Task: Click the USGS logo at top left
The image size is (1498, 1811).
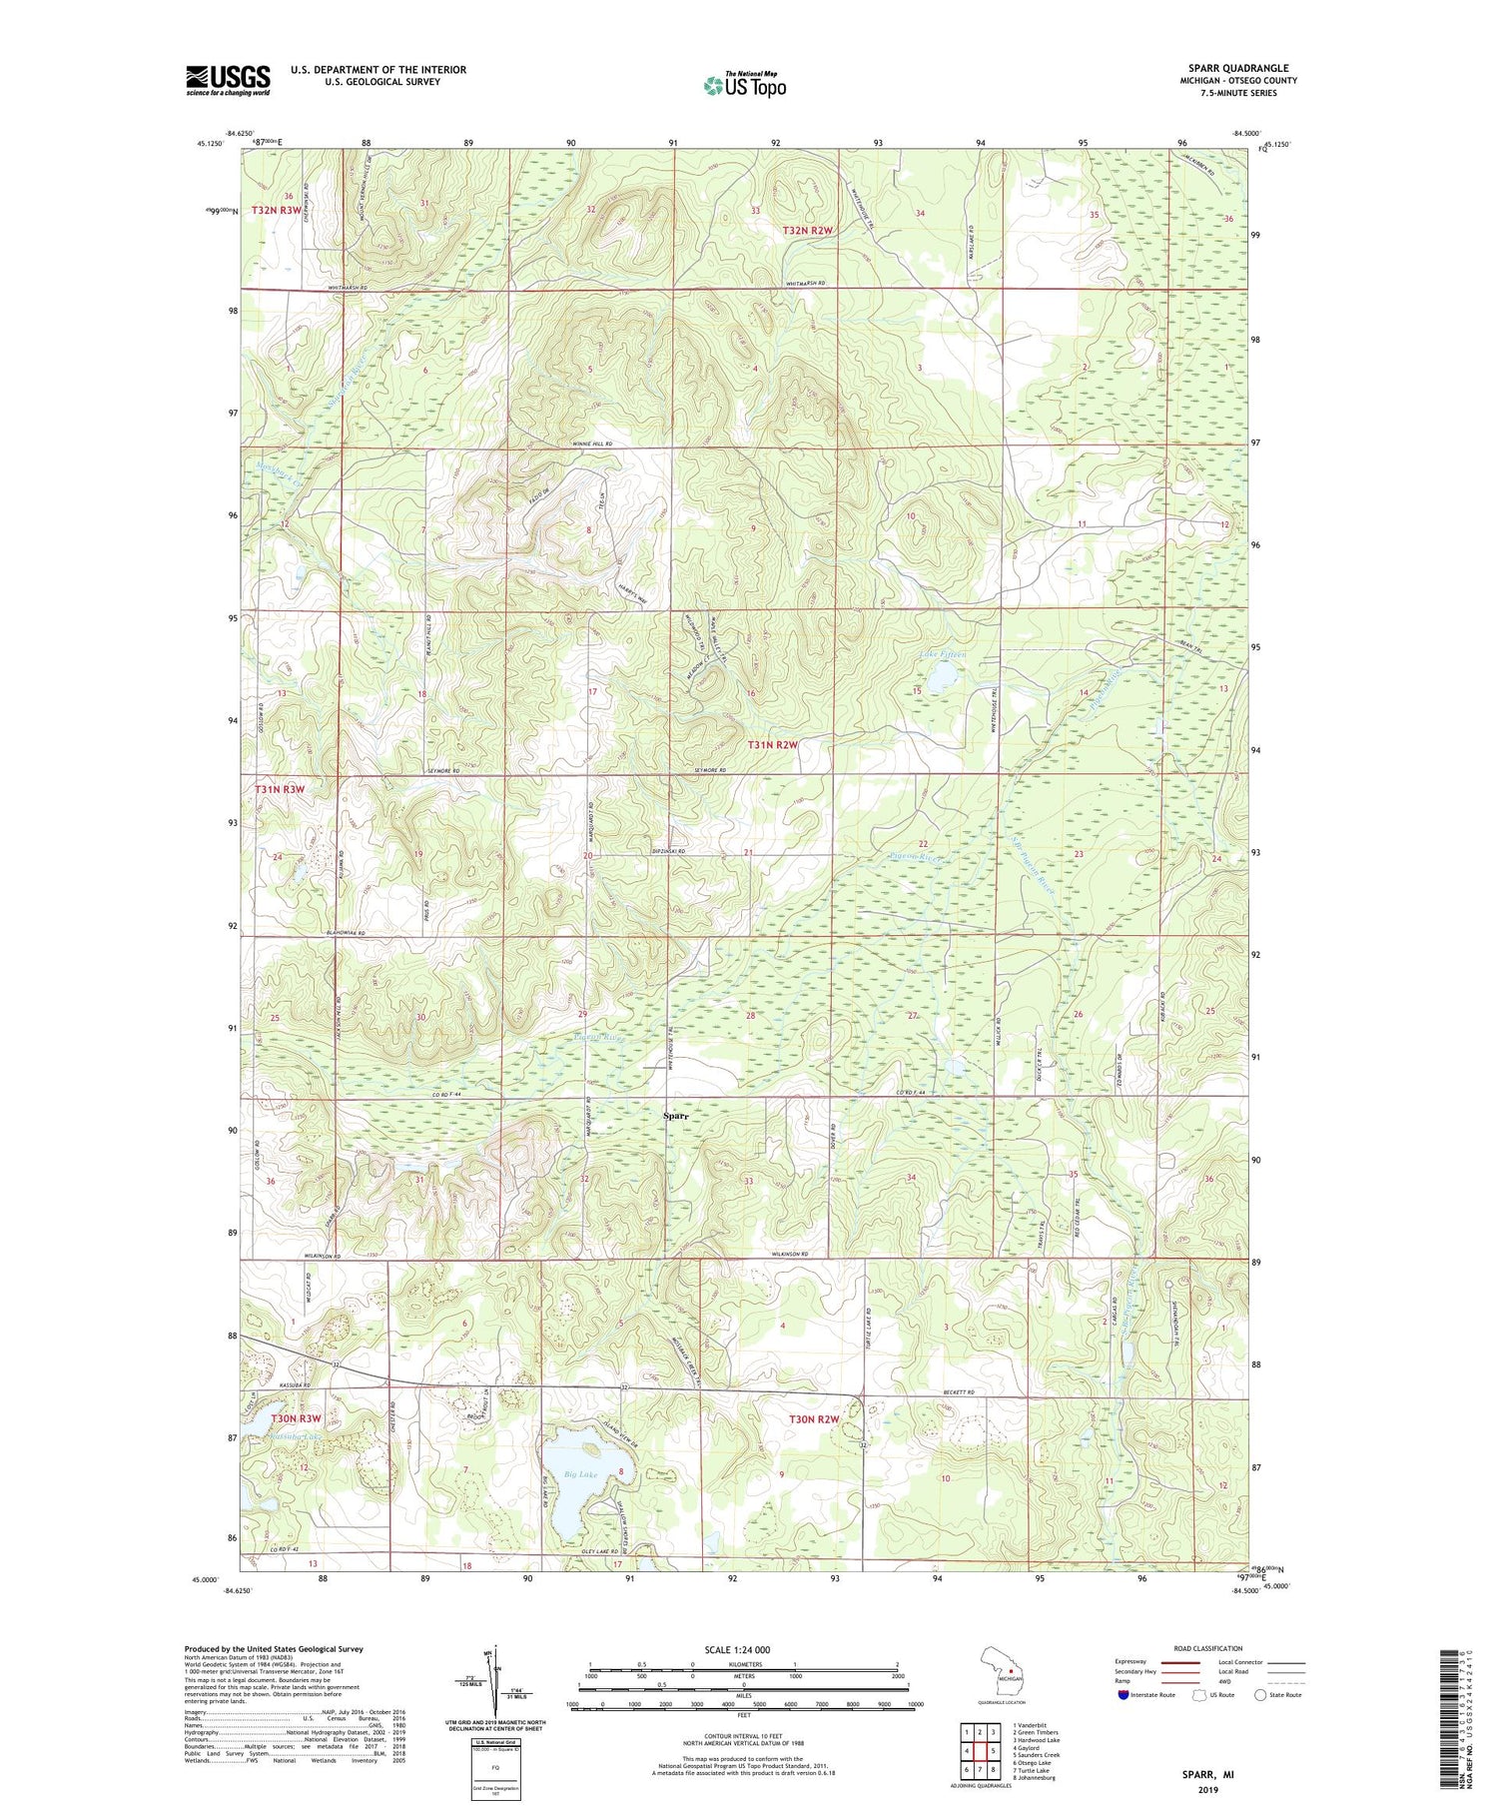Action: [228, 79]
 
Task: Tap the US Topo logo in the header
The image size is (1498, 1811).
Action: [744, 85]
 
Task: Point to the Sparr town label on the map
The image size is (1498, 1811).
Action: [676, 1117]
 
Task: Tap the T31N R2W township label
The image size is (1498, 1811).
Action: [774, 745]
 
